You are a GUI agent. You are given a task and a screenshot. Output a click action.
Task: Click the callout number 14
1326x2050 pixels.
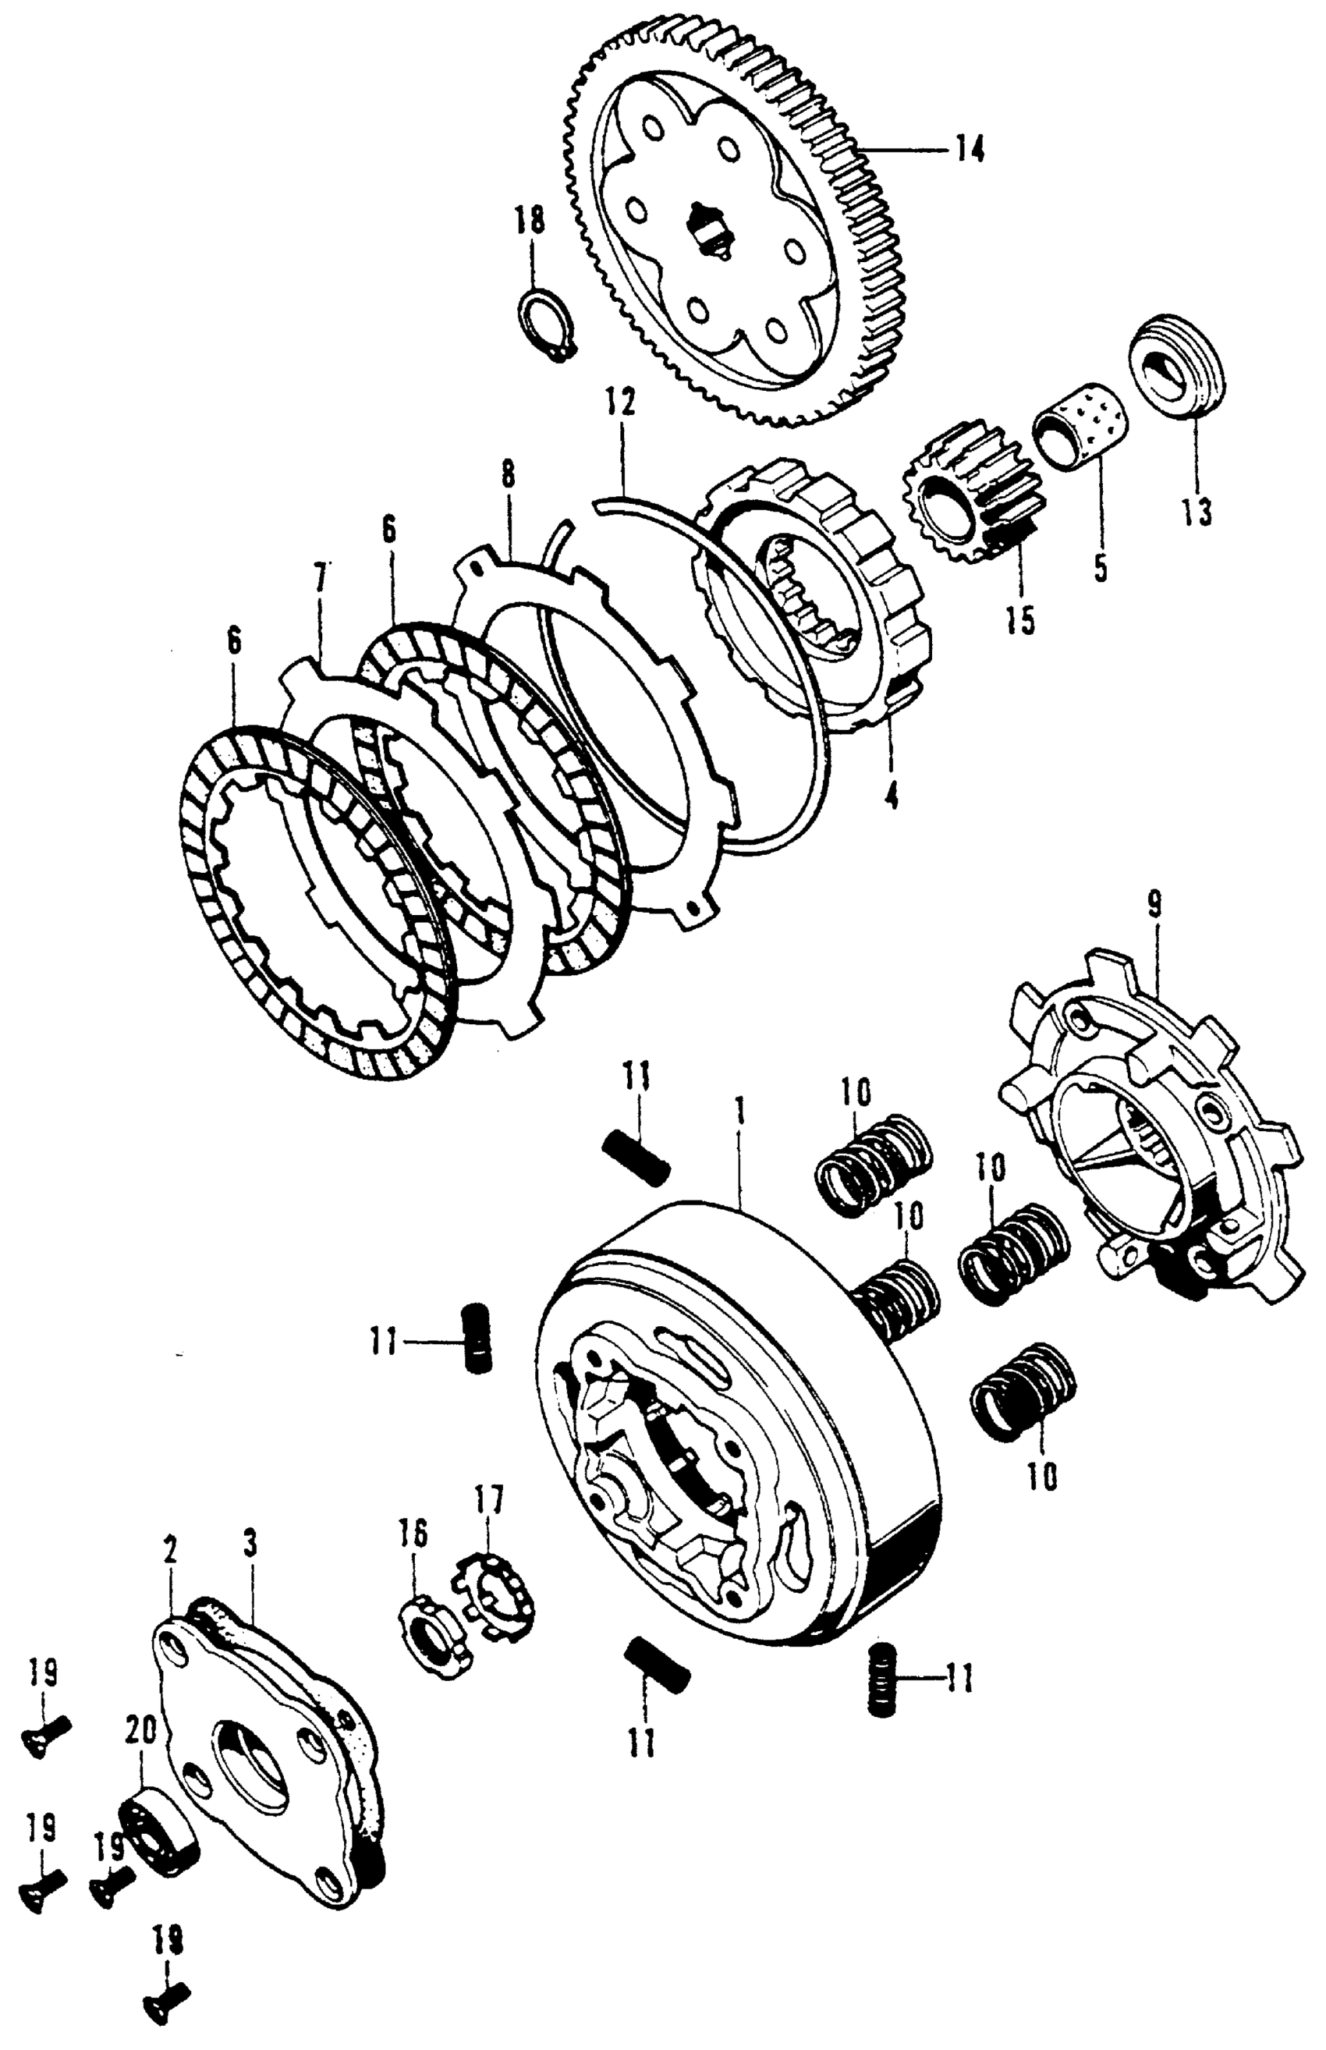(968, 150)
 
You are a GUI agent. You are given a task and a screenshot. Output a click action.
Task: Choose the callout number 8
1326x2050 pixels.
(509, 479)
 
